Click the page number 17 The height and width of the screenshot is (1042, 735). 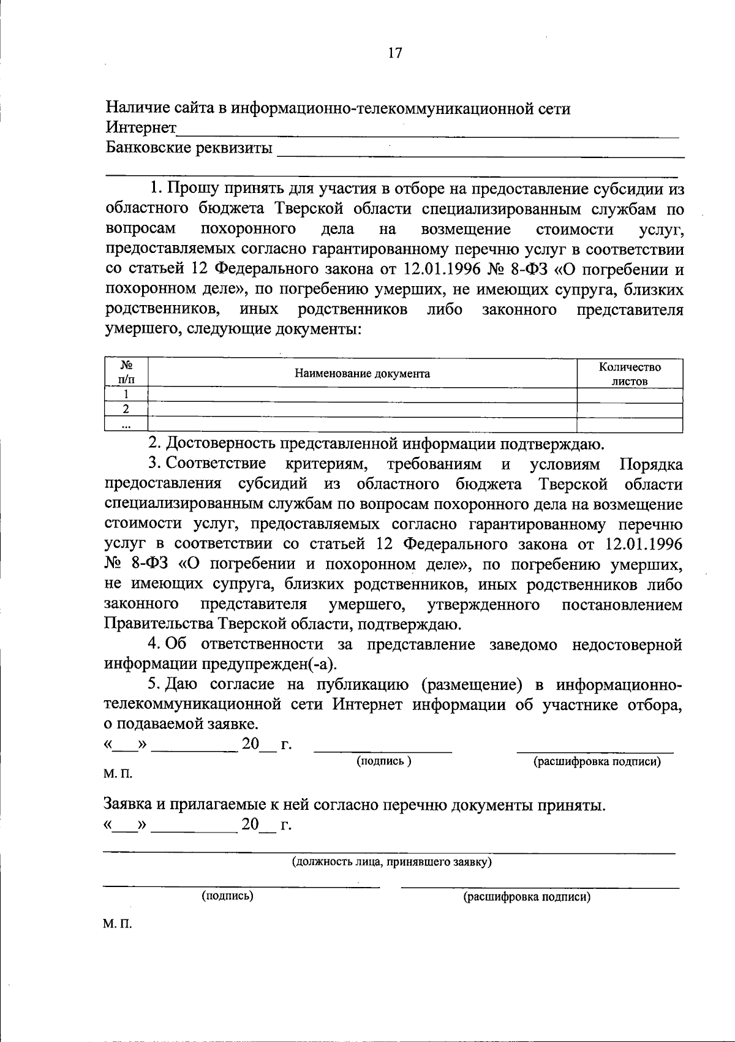(394, 53)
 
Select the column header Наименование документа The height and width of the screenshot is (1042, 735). (363, 374)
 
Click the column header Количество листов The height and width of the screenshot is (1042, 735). (629, 374)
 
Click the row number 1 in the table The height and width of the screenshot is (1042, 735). (126, 395)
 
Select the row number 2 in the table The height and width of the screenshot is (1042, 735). (126, 410)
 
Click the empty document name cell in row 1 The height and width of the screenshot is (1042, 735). (363, 395)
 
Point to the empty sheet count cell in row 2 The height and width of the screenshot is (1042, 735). (629, 410)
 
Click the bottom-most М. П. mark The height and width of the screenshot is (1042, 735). (118, 924)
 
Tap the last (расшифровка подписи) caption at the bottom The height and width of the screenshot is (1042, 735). (527, 897)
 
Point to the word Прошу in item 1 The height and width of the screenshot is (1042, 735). (190, 189)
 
